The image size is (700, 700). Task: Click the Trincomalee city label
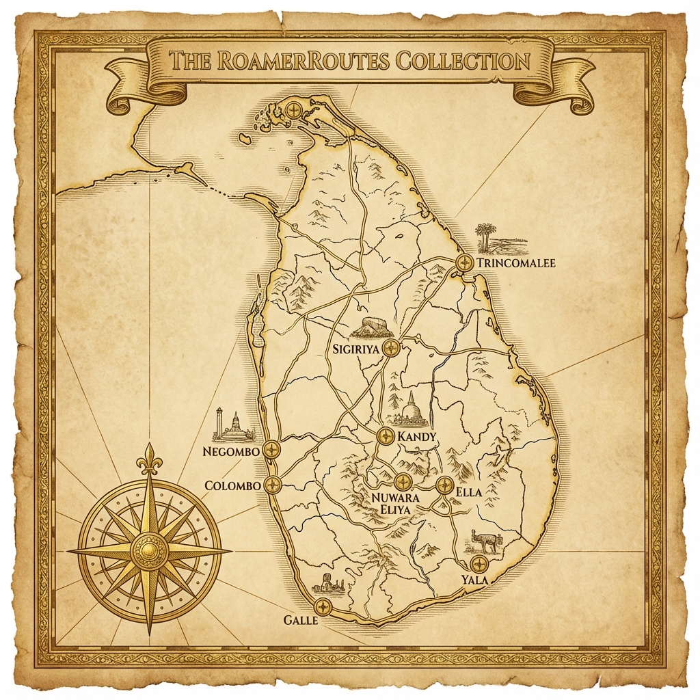pyautogui.click(x=516, y=263)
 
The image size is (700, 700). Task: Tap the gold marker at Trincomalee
pyautogui.click(x=465, y=262)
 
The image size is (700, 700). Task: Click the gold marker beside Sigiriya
pyautogui.click(x=390, y=348)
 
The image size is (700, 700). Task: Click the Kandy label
pyautogui.click(x=416, y=436)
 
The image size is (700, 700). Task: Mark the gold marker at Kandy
pyautogui.click(x=386, y=436)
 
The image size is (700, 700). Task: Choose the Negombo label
pyautogui.click(x=232, y=451)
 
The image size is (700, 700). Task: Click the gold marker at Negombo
pyautogui.click(x=272, y=450)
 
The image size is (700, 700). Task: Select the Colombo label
pyautogui.click(x=233, y=485)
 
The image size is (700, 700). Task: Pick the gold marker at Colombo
pyautogui.click(x=273, y=485)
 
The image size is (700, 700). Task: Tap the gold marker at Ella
pyautogui.click(x=444, y=485)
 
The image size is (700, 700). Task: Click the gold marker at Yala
pyautogui.click(x=479, y=564)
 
